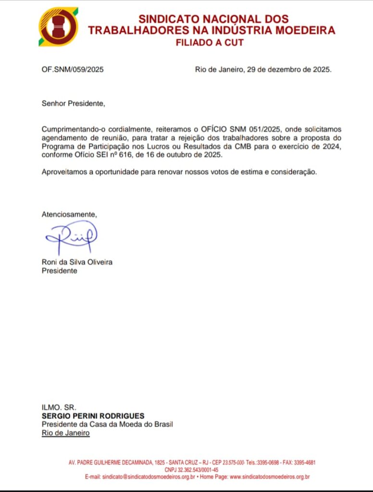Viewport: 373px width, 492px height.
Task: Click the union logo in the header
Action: tap(58, 27)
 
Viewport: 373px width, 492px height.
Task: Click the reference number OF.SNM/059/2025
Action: tap(73, 69)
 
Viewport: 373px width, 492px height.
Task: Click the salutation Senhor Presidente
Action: tap(73, 103)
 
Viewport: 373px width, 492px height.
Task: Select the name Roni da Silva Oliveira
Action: tap(77, 262)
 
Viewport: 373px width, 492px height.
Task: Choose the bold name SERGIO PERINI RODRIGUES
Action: tap(93, 416)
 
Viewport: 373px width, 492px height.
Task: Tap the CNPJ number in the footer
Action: tap(192, 469)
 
